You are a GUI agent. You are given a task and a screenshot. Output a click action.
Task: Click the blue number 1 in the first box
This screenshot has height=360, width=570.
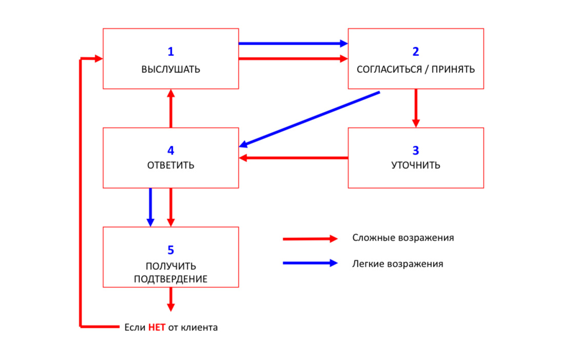pos(171,51)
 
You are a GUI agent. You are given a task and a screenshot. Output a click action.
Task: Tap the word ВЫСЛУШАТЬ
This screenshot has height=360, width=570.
pos(171,70)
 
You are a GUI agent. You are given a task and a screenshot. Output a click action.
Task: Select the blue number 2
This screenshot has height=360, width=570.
pos(416,51)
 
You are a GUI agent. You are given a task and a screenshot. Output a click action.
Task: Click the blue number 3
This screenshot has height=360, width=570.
pos(416,150)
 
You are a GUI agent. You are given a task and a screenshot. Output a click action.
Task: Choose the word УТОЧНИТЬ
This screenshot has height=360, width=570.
pos(416,166)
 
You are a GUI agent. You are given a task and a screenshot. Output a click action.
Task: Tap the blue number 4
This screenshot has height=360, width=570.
pos(171,150)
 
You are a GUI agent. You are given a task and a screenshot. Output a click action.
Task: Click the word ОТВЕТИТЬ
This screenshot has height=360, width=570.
pos(171,166)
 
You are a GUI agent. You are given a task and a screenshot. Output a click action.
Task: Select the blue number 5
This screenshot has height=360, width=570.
pos(171,250)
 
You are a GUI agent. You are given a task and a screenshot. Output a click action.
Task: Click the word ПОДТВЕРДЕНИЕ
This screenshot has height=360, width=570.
pos(171,279)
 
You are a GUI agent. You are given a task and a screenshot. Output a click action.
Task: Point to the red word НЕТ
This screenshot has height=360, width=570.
pos(156,327)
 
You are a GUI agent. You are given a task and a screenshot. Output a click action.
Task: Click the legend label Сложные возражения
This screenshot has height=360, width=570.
pos(403,238)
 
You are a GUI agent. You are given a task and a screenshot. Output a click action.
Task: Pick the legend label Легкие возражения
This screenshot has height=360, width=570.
pos(398,264)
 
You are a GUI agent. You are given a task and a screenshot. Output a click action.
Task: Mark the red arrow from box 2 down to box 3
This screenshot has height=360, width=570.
pos(416,108)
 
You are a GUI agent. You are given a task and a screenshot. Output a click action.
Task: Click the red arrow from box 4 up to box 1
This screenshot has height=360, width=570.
pos(171,108)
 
